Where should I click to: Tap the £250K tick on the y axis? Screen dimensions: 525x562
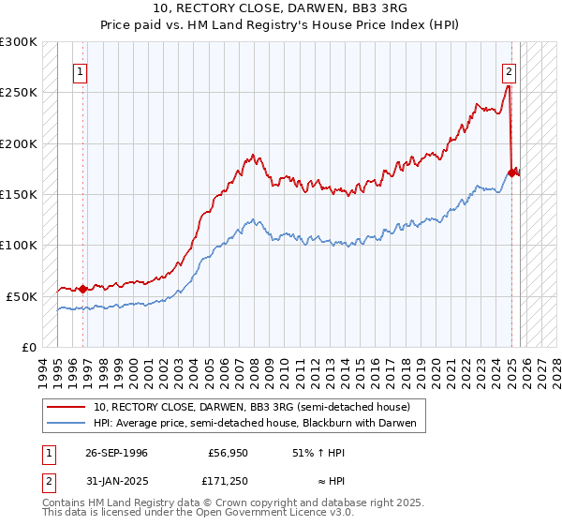[19, 93]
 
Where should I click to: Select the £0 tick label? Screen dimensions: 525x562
[29, 347]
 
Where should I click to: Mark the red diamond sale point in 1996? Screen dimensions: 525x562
[82, 289]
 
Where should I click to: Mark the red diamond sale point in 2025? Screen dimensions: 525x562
[512, 172]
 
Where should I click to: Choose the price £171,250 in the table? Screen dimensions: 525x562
[229, 482]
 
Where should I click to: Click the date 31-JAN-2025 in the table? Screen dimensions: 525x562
[116, 482]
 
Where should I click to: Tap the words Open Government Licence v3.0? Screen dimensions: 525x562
[280, 514]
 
